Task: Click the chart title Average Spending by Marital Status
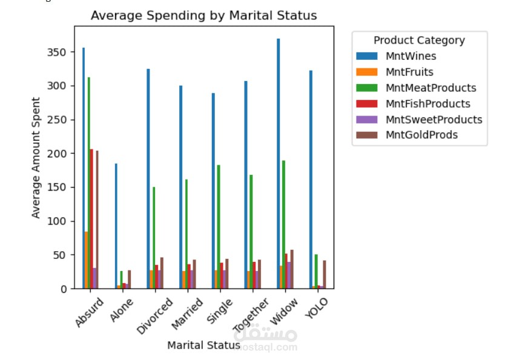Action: tap(203, 16)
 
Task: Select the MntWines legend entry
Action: tap(411, 56)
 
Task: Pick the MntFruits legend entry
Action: tap(409, 72)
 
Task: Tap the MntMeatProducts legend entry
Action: tap(430, 88)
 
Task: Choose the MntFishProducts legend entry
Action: tap(427, 103)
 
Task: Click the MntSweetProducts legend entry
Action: tap(434, 119)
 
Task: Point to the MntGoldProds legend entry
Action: tap(421, 135)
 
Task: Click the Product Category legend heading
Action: tap(419, 41)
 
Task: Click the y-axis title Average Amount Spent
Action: tap(36, 157)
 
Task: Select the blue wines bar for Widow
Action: tap(279, 163)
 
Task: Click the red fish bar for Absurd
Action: tap(91, 218)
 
